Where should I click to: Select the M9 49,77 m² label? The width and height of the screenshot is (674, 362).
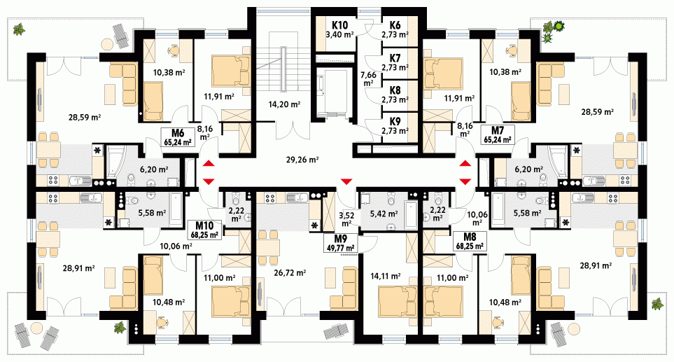(x=341, y=244)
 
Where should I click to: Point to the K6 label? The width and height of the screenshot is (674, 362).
(x=395, y=25)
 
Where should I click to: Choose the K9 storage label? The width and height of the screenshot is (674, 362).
(x=395, y=122)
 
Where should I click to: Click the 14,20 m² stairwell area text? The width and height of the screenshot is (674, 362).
(x=284, y=104)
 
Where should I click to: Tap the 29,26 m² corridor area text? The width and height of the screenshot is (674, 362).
(x=302, y=160)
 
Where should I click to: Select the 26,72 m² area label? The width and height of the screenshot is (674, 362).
(x=290, y=272)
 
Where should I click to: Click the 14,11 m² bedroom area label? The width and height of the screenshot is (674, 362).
(x=385, y=276)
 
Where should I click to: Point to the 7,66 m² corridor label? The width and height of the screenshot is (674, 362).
(x=368, y=78)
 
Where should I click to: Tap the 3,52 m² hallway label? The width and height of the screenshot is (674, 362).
(x=346, y=219)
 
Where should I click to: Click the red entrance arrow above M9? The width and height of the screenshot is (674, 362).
(x=346, y=181)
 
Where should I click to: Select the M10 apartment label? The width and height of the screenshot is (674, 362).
(x=205, y=230)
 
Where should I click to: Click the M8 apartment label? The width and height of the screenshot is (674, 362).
(x=471, y=241)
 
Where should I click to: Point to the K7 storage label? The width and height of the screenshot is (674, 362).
(x=395, y=57)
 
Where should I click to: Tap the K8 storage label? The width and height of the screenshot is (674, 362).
(x=395, y=90)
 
